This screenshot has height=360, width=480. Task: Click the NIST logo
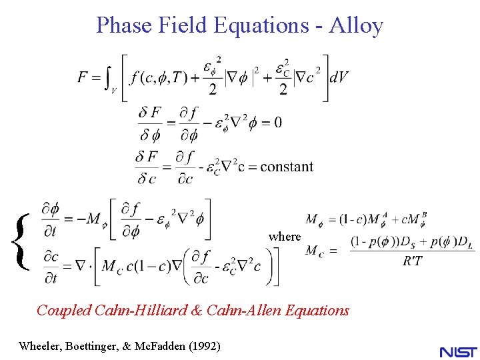coord(458,351)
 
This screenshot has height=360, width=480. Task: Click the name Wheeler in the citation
coord(41,346)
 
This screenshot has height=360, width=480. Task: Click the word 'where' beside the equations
coord(285,237)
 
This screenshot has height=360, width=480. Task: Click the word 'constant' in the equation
coord(287,166)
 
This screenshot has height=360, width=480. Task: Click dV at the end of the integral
coord(339,77)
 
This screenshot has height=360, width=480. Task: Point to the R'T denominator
coord(413,261)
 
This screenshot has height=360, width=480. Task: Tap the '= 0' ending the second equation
coord(269,122)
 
